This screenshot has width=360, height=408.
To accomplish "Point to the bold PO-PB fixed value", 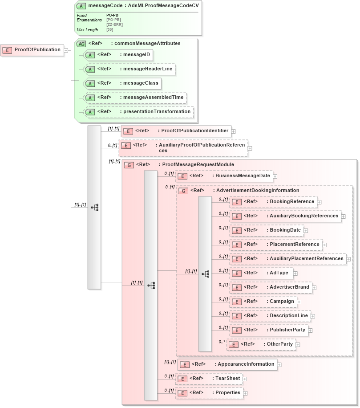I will point(112,15).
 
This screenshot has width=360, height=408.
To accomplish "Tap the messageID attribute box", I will point(118,55).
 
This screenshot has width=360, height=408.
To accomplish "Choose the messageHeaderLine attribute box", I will point(129,69).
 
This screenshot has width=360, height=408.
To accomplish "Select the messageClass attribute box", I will point(122,83).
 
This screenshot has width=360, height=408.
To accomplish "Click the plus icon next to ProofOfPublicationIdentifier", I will point(234,131).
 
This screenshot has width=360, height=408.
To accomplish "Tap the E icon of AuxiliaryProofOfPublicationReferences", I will point(126,146).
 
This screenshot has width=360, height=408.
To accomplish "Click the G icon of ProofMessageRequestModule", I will point(129,165).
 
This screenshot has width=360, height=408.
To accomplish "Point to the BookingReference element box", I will point(273,202).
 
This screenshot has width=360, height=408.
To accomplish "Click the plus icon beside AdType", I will point(295,273).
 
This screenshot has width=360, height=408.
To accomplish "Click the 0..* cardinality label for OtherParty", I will point(222,342).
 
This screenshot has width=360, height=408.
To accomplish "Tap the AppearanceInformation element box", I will point(227,364).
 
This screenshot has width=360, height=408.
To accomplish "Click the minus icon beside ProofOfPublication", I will point(66,50).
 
